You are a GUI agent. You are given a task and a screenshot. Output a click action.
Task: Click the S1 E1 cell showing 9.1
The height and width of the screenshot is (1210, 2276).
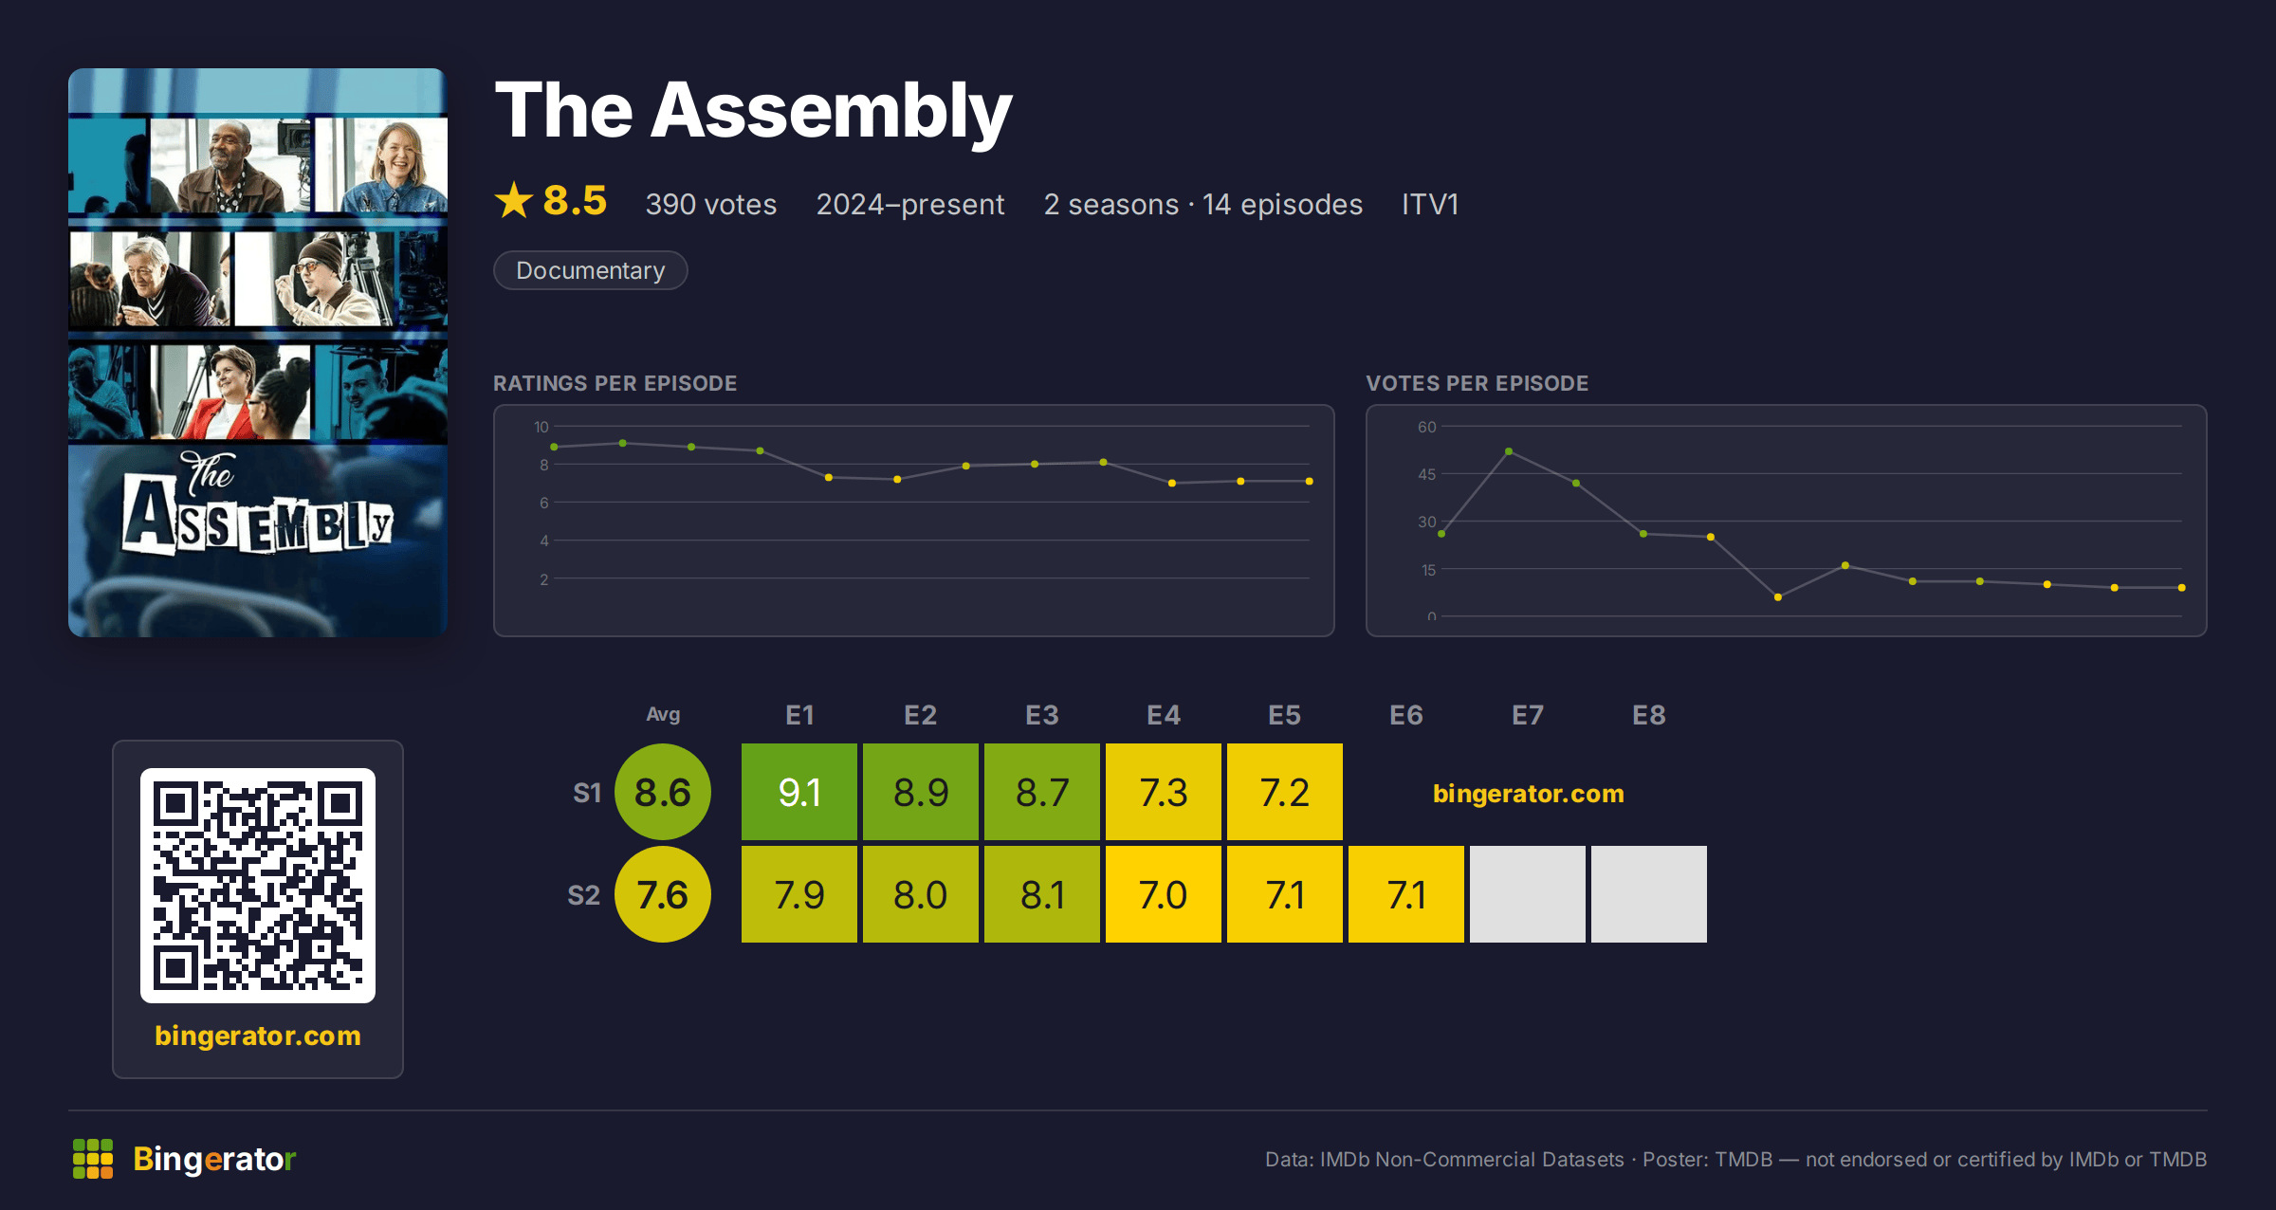coord(799,792)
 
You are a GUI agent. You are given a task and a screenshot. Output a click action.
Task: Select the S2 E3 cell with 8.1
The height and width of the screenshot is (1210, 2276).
coord(1042,894)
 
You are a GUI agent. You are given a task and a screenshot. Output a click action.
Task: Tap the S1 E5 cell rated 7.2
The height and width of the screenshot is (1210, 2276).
coord(1285,792)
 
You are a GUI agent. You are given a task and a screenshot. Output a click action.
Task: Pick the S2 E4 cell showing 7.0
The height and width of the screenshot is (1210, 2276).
coord(1164,894)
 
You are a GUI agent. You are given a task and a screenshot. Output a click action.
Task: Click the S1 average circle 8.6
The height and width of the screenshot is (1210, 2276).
coord(663,792)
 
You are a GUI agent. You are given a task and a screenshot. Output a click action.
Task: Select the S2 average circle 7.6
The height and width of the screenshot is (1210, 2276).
coord(663,894)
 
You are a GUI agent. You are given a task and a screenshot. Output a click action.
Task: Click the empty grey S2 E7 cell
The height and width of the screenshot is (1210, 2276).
coord(1528,894)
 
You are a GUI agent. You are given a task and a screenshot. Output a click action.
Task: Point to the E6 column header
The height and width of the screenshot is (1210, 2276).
coord(1406,715)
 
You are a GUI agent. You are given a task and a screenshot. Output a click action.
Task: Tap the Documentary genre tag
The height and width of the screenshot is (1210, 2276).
coord(591,270)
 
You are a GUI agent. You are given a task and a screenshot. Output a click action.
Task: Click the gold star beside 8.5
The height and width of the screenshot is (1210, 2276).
coord(514,200)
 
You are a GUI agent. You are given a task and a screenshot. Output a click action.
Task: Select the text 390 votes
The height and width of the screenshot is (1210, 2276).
coord(711,204)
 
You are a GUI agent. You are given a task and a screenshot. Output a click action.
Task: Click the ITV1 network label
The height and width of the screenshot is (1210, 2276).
coord(1430,204)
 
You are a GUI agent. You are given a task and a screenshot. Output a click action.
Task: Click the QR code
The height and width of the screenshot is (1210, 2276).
coord(258,886)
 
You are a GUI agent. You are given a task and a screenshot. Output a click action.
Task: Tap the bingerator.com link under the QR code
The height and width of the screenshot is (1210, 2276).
coord(258,1036)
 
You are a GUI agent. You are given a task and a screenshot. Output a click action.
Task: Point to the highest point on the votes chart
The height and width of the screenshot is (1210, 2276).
coord(1509,451)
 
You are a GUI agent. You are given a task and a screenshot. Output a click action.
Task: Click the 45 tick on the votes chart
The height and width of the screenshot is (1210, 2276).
coord(1427,474)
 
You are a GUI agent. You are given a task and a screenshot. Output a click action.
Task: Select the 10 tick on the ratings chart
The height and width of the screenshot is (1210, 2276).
coord(541,427)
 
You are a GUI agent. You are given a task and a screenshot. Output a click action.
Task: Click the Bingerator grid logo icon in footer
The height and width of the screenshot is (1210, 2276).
coord(93,1159)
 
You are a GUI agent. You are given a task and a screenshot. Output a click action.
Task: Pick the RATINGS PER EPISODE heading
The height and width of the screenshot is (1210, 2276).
coord(615,383)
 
